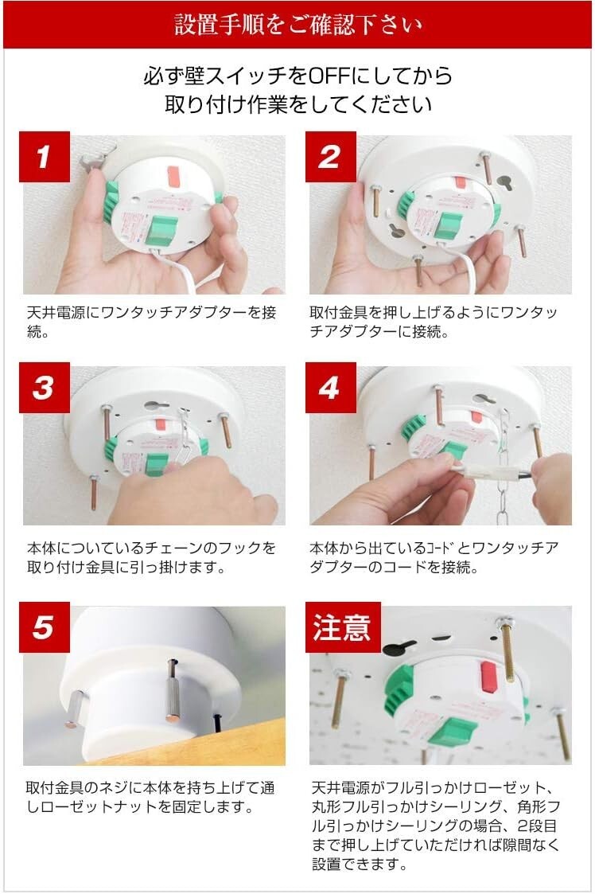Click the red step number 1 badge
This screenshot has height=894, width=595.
pos(45,157)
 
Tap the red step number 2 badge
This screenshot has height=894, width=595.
pos(331,157)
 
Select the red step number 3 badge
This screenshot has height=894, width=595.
pos(45,387)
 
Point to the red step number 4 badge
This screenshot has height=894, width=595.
pos(331,387)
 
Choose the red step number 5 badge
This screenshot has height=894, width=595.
pos(45,627)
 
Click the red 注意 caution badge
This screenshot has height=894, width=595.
pos(343,627)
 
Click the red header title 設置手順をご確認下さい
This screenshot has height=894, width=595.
pos(297,25)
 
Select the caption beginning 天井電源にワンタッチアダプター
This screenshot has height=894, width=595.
pos(152,322)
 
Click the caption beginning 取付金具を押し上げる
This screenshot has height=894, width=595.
pos(434,322)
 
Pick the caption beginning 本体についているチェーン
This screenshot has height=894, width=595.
pos(152,557)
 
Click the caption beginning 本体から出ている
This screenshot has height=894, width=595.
pos(434,557)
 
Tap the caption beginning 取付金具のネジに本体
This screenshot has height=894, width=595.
pos(150,797)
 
